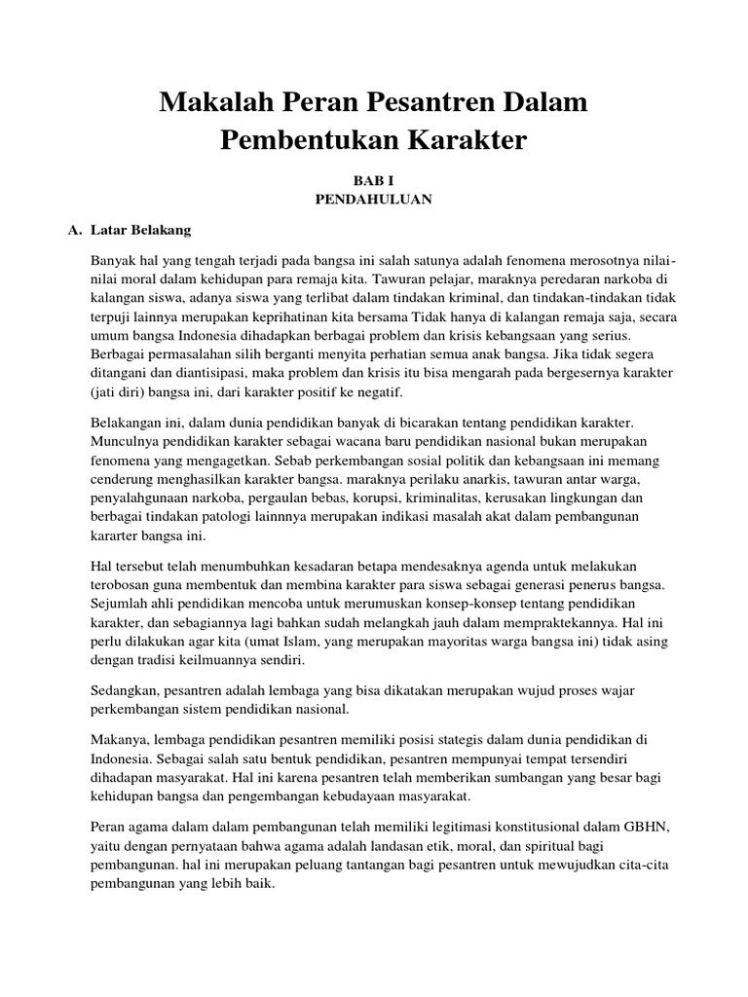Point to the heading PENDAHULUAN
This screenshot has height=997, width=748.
point(374,200)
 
